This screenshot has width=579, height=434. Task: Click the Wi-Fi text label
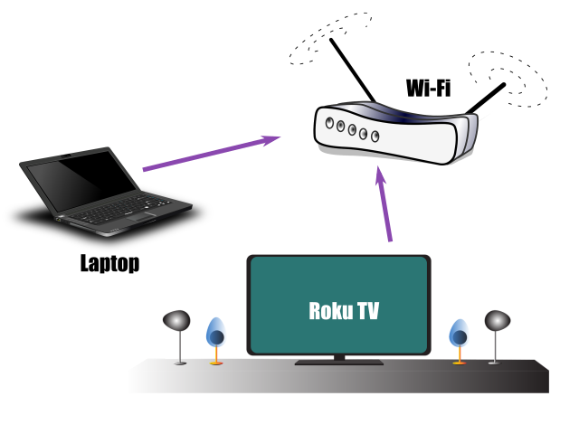click(428, 89)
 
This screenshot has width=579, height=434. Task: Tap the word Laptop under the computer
click(109, 263)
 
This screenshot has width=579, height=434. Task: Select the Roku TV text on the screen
click(344, 311)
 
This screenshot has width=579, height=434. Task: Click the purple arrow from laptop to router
click(212, 153)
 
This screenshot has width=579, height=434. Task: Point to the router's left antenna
click(353, 70)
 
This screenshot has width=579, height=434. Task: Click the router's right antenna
click(485, 99)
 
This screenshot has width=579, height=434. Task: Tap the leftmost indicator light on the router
click(329, 123)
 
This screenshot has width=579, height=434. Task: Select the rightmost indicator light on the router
click(375, 137)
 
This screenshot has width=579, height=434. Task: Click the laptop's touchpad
click(141, 217)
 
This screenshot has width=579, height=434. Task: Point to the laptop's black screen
click(82, 181)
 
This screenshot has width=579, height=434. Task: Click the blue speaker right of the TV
click(459, 335)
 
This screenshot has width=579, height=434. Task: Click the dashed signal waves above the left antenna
click(329, 38)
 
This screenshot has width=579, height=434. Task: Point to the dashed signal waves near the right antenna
click(509, 79)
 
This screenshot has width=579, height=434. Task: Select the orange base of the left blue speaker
click(216, 363)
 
